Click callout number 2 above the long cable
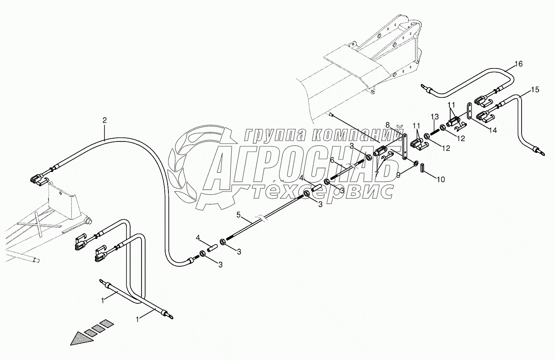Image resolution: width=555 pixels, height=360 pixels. [x=105, y=120]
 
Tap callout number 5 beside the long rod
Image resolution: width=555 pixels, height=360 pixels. [x=239, y=214]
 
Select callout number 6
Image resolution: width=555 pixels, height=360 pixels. [x=332, y=161]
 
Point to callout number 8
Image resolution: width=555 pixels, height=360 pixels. [x=387, y=124]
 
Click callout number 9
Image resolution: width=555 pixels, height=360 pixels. [x=398, y=174]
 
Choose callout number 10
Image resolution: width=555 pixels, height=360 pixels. [x=441, y=179]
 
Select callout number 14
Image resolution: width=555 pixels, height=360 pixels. [x=493, y=131]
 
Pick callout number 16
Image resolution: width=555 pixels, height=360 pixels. [x=518, y=64]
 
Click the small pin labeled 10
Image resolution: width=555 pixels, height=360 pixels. [x=422, y=167]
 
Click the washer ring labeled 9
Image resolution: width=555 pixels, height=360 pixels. [x=416, y=163]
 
